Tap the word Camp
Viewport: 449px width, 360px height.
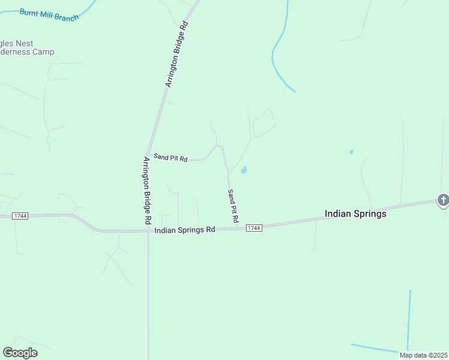43,52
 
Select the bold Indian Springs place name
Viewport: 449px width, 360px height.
355,214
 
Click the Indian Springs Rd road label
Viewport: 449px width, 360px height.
184,230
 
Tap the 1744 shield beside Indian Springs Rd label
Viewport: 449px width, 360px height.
254,228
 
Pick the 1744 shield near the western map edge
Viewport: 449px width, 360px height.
20,216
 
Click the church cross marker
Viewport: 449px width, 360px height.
443,200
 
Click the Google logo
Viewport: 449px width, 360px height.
20,353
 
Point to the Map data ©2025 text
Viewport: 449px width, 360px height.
423,355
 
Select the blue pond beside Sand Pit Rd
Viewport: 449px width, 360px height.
244,170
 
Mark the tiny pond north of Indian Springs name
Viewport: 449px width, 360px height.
351,152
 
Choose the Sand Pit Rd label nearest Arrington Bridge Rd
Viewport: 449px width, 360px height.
170,158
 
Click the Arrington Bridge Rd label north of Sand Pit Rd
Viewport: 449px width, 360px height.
177,55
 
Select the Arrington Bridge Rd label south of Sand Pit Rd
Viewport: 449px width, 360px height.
147,191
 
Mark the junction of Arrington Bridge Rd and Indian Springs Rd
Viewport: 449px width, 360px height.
148,230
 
